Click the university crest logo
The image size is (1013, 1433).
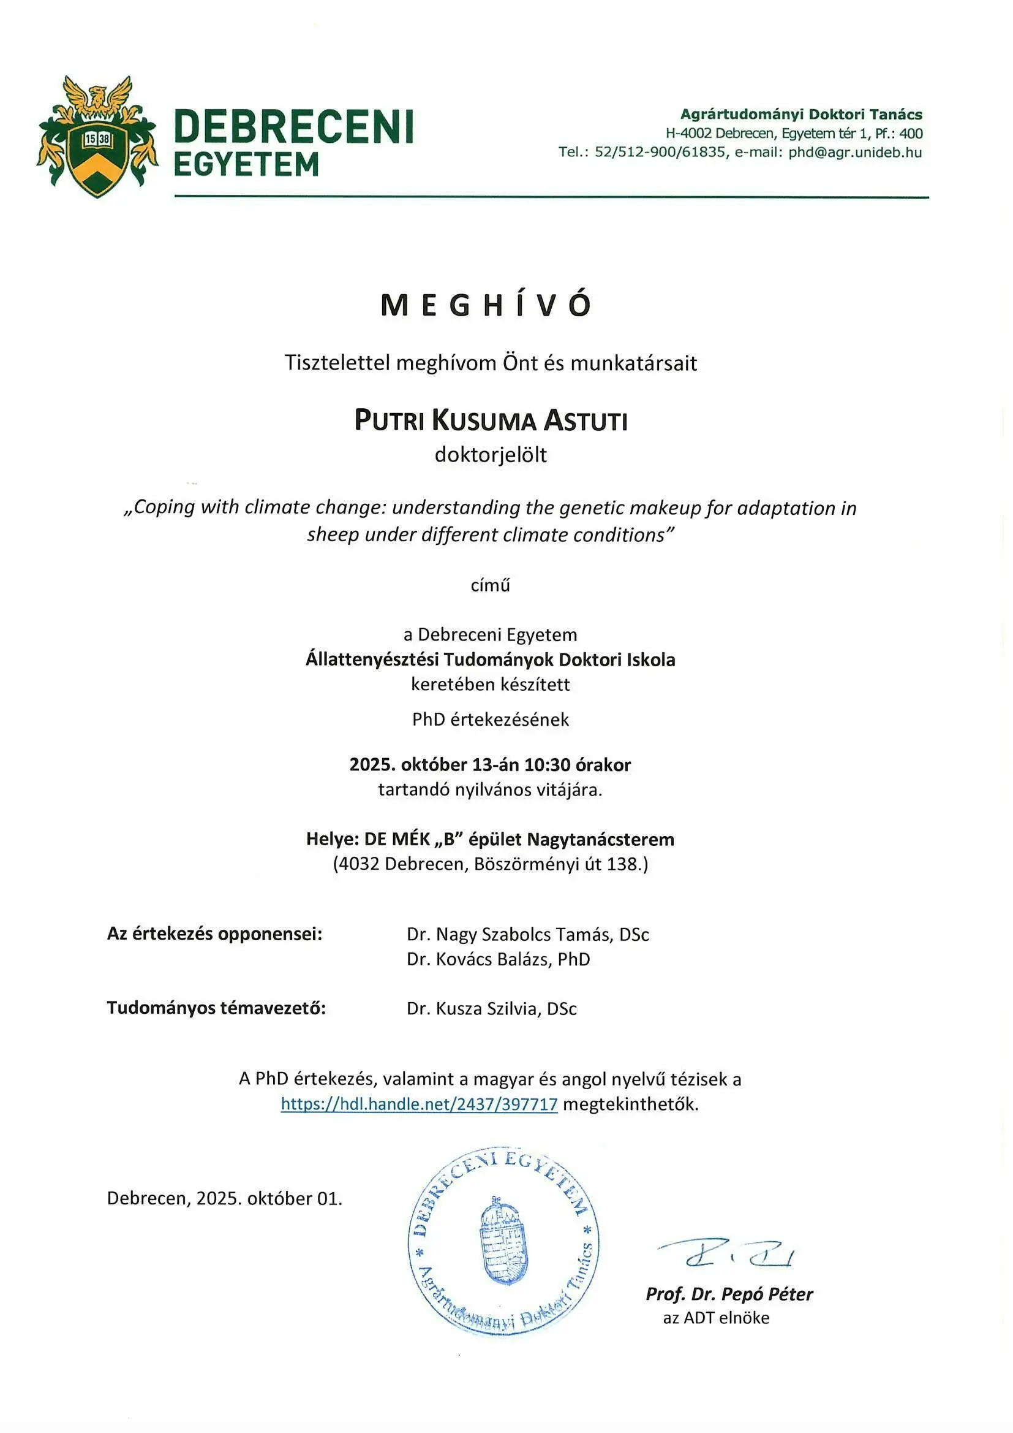pyautogui.click(x=97, y=137)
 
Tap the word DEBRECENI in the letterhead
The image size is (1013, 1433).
pyautogui.click(x=294, y=127)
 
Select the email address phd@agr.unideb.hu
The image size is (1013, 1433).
pyautogui.click(x=854, y=152)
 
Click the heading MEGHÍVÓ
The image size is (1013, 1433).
pyautogui.click(x=486, y=305)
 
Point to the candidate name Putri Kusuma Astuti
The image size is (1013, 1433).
pyautogui.click(x=491, y=420)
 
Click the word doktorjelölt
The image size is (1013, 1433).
pyautogui.click(x=491, y=455)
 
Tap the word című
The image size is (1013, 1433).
pyautogui.click(x=491, y=585)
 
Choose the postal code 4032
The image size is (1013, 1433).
pyautogui.click(x=360, y=864)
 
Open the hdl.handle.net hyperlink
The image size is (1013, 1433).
pyautogui.click(x=418, y=1104)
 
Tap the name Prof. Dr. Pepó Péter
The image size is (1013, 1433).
pyautogui.click(x=729, y=1294)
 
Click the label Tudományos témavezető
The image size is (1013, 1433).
pyautogui.click(x=216, y=1008)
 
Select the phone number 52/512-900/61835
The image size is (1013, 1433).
pyautogui.click(x=660, y=152)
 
